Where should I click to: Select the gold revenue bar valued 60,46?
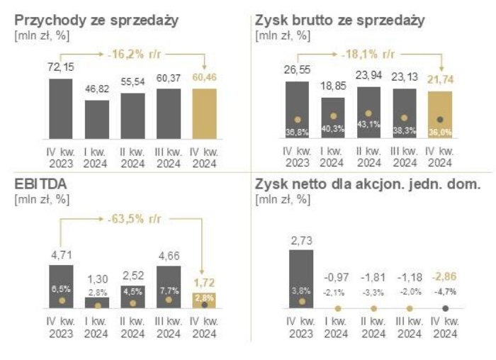205,111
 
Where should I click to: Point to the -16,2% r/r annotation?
133,52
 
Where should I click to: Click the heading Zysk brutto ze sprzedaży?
340,20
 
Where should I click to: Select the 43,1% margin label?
368,131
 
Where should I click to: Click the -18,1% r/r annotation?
369,52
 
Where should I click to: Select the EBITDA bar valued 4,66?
168,286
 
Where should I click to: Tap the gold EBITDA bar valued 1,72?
205,299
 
